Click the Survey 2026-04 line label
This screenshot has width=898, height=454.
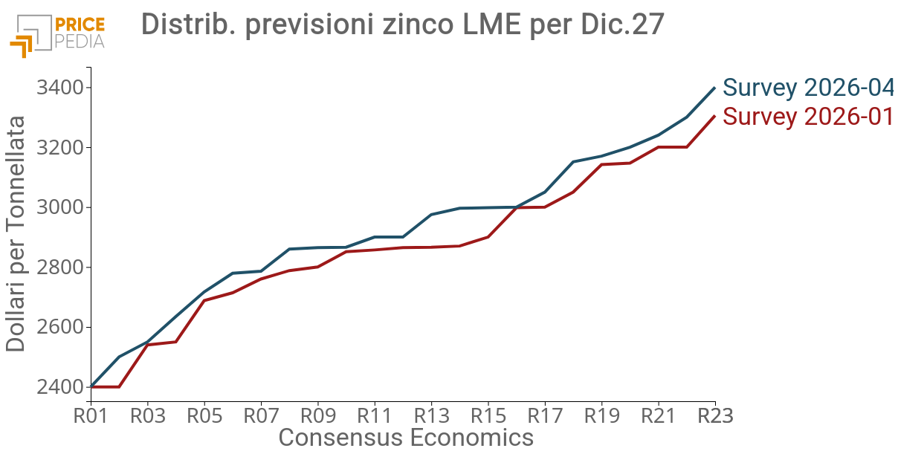click(x=808, y=88)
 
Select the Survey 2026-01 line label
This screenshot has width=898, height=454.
click(x=808, y=117)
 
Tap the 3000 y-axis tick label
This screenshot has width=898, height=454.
click(x=60, y=207)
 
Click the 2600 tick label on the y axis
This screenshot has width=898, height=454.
click(x=60, y=327)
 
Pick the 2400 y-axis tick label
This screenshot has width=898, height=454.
click(x=60, y=386)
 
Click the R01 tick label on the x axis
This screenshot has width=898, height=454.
click(x=91, y=415)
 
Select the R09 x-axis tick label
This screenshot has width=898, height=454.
click(x=318, y=415)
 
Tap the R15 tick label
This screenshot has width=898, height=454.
click(x=488, y=415)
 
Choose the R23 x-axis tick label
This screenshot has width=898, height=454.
click(x=716, y=415)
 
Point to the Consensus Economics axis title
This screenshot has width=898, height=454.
click(x=406, y=437)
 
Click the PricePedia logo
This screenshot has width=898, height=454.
click(x=57, y=35)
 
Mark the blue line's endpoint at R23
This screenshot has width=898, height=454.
click(x=715, y=88)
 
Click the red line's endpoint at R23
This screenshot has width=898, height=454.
click(x=715, y=116)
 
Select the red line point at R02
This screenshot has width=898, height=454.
click(x=119, y=386)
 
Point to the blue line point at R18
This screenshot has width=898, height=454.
click(x=573, y=162)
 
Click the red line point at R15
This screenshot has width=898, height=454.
click(x=488, y=237)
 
